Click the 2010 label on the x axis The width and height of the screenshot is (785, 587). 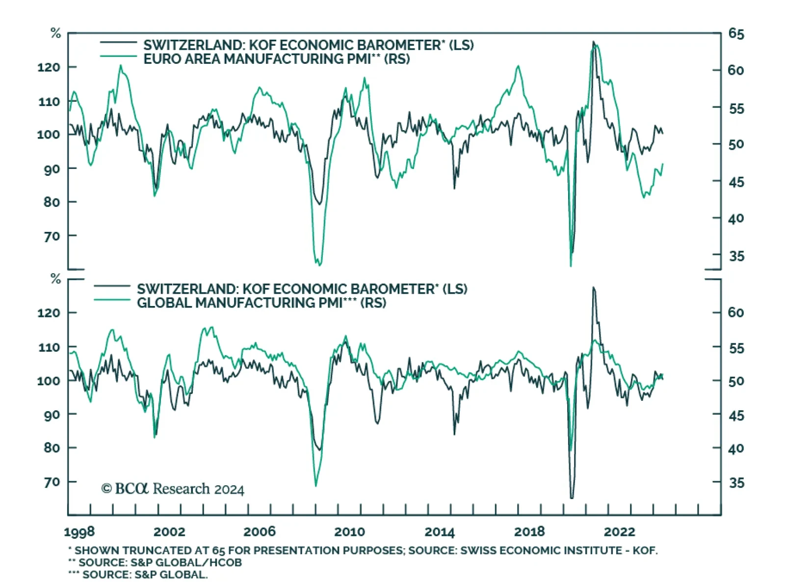349,531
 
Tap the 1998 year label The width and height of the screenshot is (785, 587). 79,532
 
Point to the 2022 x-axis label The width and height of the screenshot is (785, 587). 619,531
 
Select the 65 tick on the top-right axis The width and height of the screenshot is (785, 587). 736,34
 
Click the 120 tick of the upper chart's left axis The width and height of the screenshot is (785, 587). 49,67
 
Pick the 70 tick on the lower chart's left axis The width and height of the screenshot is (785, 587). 52,482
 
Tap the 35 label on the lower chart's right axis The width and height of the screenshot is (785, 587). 736,483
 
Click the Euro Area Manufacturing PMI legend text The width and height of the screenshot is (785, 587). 276,59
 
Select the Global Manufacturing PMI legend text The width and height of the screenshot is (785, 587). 261,303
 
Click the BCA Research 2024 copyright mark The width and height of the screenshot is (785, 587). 173,489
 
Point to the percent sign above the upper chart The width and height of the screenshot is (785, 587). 55,33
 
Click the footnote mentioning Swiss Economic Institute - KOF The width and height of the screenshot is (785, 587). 363,550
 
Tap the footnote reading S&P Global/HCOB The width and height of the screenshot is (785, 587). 155,562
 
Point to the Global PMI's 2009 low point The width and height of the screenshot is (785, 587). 315,486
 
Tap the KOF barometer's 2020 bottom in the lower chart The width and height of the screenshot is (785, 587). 572,498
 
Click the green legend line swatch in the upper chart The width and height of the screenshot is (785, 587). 118,57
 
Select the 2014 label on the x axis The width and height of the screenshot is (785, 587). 439,531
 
